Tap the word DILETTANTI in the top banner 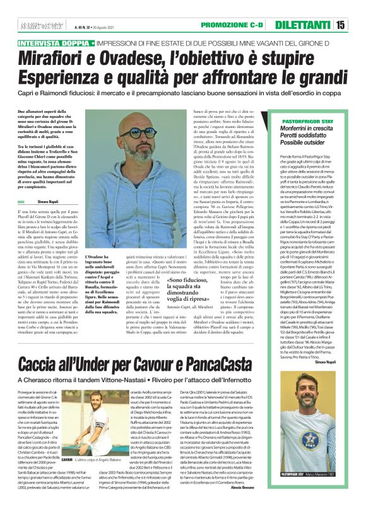(x=310, y=25)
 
